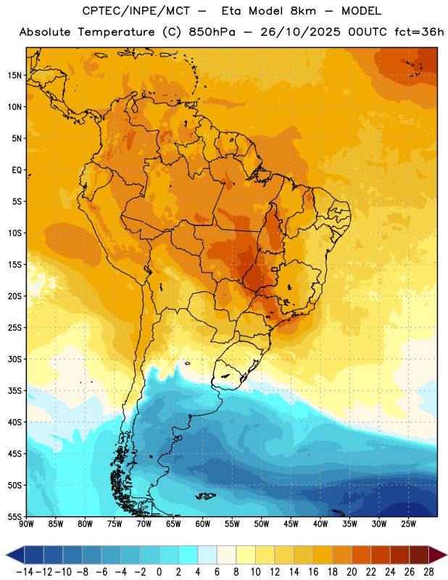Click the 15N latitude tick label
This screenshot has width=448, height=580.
14,75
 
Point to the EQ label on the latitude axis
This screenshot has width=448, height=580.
17,170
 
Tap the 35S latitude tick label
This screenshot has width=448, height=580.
14,391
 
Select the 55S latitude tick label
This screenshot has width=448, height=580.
14,516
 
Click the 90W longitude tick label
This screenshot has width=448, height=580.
26,524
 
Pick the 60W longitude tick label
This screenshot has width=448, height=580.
203,524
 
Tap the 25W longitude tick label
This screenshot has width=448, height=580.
408,524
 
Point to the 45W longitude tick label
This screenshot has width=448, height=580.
291,524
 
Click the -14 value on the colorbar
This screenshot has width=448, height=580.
25,572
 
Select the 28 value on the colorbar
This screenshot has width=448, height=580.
428,572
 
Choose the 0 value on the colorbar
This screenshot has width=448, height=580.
159,572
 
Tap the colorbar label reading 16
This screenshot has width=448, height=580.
313,572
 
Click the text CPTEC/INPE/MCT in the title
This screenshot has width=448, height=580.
136,11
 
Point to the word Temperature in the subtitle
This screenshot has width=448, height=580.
116,32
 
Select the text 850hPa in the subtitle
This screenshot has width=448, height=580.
212,32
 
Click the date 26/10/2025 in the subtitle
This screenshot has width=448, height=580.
300,32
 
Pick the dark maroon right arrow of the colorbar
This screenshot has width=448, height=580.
437,555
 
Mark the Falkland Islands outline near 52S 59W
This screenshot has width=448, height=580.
205,496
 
